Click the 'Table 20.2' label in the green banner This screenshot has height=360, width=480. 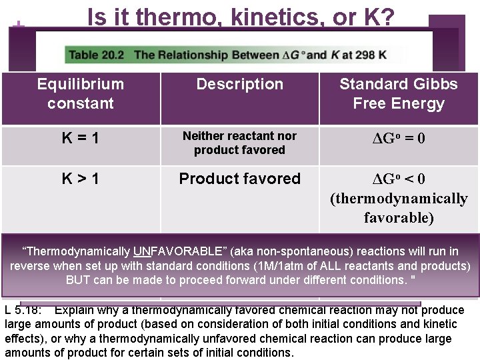point(98,55)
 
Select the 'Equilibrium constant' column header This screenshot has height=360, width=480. point(81,93)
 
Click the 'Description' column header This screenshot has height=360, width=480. point(239,85)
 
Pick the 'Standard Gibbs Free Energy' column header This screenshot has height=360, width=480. point(398,93)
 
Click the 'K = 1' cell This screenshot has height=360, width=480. point(81,139)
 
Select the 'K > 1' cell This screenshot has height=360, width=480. point(81,179)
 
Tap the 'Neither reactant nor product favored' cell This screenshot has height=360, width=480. point(239,143)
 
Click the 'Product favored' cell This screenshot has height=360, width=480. point(239,179)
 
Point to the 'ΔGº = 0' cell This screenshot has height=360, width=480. point(398,139)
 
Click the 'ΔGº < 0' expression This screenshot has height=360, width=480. point(398,179)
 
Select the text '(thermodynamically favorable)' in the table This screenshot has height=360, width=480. point(399,209)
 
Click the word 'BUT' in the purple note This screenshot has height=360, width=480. point(78,279)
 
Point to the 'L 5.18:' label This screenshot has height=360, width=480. point(24,310)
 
